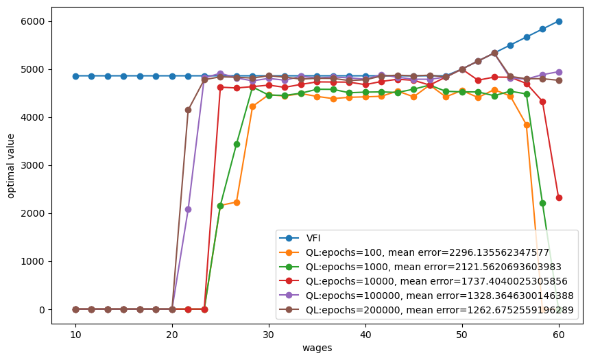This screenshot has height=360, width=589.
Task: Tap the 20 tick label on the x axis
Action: click(x=172, y=335)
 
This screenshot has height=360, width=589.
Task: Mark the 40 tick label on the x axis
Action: click(x=365, y=335)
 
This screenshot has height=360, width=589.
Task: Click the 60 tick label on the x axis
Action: click(x=559, y=335)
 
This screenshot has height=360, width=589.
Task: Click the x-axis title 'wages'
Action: click(x=317, y=348)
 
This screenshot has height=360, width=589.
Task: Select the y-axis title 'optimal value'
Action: click(x=11, y=165)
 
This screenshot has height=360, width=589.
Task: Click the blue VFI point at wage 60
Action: click(x=559, y=21)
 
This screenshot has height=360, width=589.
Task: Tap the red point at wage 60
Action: click(x=559, y=197)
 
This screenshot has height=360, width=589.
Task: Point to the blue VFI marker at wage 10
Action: click(x=75, y=76)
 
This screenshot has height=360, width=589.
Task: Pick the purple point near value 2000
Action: click(x=188, y=209)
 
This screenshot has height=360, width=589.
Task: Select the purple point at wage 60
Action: click(x=559, y=72)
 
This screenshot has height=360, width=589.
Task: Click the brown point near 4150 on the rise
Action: click(x=188, y=110)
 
